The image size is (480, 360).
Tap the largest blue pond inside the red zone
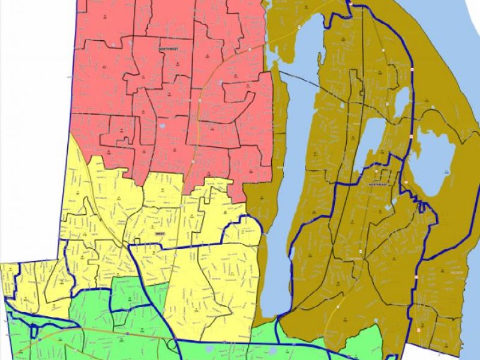coord(163,127)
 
